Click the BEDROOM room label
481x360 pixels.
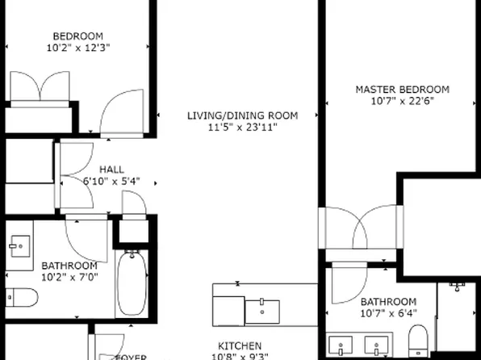point(78,36)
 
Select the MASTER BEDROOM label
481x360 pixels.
point(403,90)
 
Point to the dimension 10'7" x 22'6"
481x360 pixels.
point(403,102)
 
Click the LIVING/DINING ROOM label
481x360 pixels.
point(242,115)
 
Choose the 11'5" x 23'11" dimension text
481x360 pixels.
point(242,128)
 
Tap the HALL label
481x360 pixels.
point(111,169)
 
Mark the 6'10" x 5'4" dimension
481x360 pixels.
point(111,181)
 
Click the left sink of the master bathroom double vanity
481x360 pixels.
point(343,347)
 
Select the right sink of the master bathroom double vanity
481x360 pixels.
point(375,347)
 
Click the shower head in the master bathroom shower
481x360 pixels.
point(458,286)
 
